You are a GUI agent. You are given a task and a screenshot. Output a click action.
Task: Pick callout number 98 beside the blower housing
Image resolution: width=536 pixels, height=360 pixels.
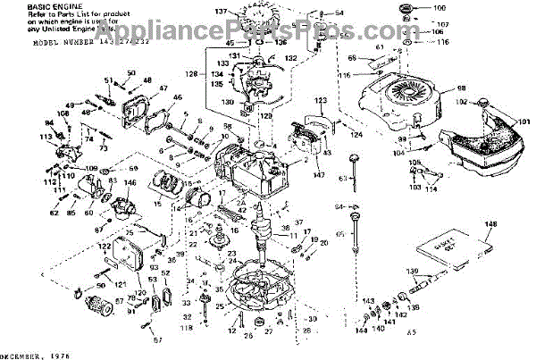(462, 90)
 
